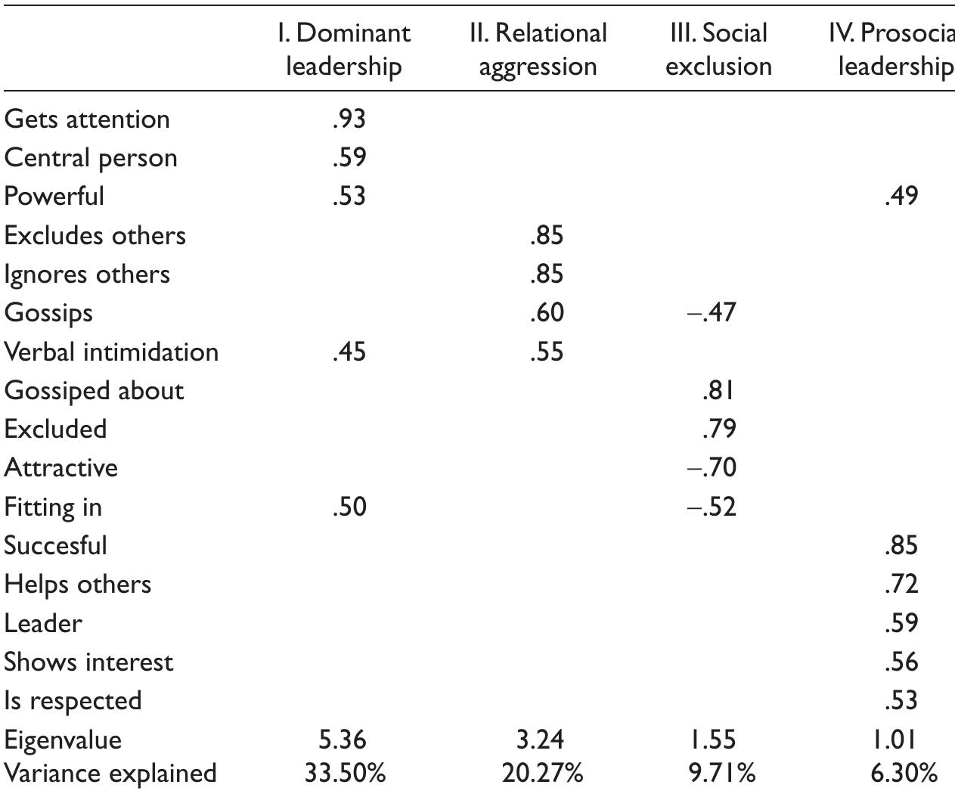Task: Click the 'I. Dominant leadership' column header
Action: coord(344,49)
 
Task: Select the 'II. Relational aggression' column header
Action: coord(538,49)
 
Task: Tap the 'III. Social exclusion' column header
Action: coord(718,49)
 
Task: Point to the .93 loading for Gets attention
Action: coord(349,119)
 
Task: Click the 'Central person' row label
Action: coord(91,158)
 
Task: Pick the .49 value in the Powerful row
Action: coord(901,196)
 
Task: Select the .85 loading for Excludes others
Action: coord(546,235)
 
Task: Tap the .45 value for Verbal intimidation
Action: coord(349,352)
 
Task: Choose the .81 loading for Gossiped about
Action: coord(718,390)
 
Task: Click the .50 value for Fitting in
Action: coord(349,506)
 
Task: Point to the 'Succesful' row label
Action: coord(56,545)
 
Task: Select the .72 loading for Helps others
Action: coord(901,584)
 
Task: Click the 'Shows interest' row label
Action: coord(88,662)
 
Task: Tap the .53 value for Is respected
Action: coord(901,700)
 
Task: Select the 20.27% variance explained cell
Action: coord(542,773)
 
